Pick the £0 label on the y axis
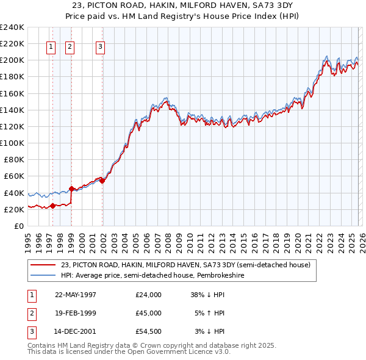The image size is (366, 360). [19, 226]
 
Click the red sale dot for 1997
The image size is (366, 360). [52, 206]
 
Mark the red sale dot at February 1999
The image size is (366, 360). [71, 189]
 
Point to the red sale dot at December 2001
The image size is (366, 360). [102, 181]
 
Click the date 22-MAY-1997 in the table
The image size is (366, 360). [76, 295]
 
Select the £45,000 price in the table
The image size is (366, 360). [149, 313]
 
